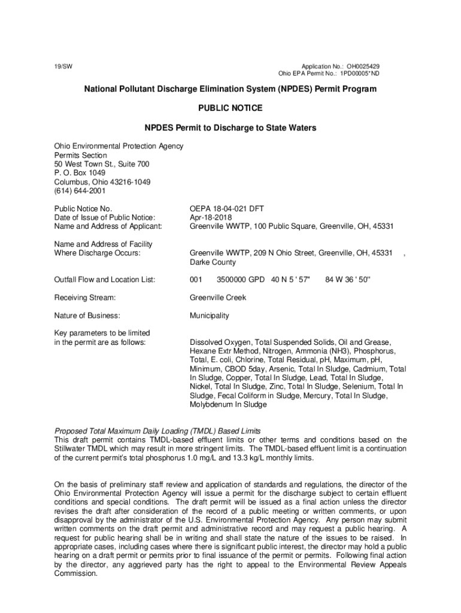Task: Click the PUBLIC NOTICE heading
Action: click(230, 108)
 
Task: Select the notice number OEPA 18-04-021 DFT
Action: click(227, 208)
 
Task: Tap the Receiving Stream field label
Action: click(84, 298)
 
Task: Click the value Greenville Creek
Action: click(218, 298)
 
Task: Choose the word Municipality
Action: click(209, 315)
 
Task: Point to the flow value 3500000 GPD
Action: click(241, 280)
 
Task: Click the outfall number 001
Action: click(196, 280)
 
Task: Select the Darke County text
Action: click(213, 262)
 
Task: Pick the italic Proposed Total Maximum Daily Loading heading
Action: click(157, 431)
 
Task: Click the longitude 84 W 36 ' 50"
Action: click(348, 280)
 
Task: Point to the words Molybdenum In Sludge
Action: click(228, 405)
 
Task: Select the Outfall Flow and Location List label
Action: click(105, 280)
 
